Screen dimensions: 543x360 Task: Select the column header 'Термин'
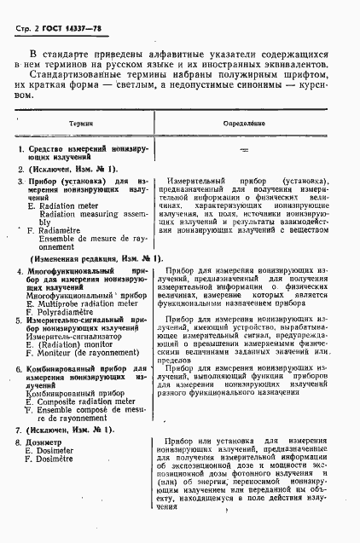pos(82,124)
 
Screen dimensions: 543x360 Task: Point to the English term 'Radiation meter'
pos(65,205)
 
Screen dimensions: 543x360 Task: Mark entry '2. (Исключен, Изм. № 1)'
pos(68,169)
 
